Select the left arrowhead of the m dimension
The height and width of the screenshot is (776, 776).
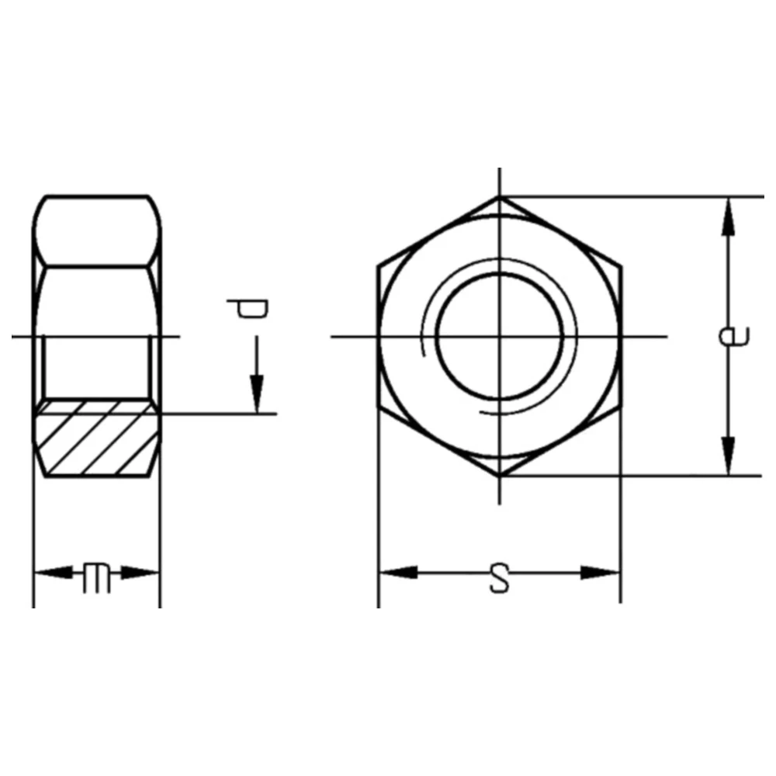[53, 574]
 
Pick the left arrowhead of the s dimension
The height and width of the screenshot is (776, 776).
[398, 573]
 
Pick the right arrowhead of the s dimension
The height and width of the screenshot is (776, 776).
[601, 573]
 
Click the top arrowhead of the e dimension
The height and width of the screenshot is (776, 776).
[728, 217]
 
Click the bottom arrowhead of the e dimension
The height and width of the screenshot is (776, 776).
[728, 456]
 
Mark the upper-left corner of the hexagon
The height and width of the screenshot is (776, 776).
[379, 266]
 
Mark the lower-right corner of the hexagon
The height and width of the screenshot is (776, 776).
[621, 405]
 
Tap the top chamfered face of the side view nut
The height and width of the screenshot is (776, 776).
[99, 230]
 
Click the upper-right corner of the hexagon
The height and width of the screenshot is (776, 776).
[621, 266]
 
